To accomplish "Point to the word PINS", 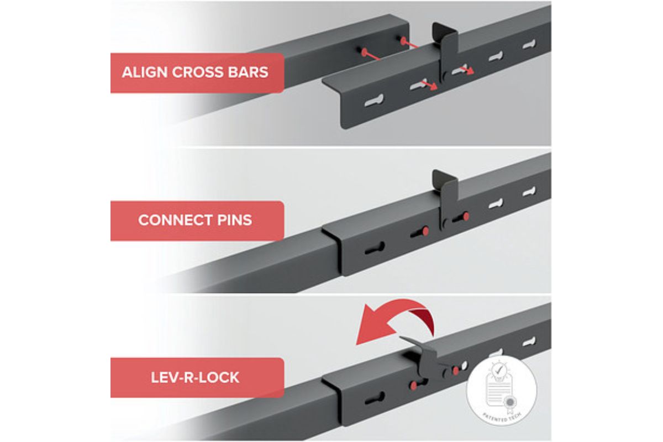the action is click(234, 220).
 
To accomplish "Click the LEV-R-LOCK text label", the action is click(195, 377).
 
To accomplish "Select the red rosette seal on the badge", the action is click(510, 403).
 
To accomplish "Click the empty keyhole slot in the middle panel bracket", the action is click(375, 249).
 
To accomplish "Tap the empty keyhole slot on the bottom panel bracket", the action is click(375, 398).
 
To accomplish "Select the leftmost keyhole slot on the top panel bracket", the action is click(374, 101).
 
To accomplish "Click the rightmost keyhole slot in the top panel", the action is click(529, 44).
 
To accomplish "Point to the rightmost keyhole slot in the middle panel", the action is click(529, 192).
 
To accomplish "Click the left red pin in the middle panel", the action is click(425, 231).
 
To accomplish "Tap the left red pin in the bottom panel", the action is click(414, 386).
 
